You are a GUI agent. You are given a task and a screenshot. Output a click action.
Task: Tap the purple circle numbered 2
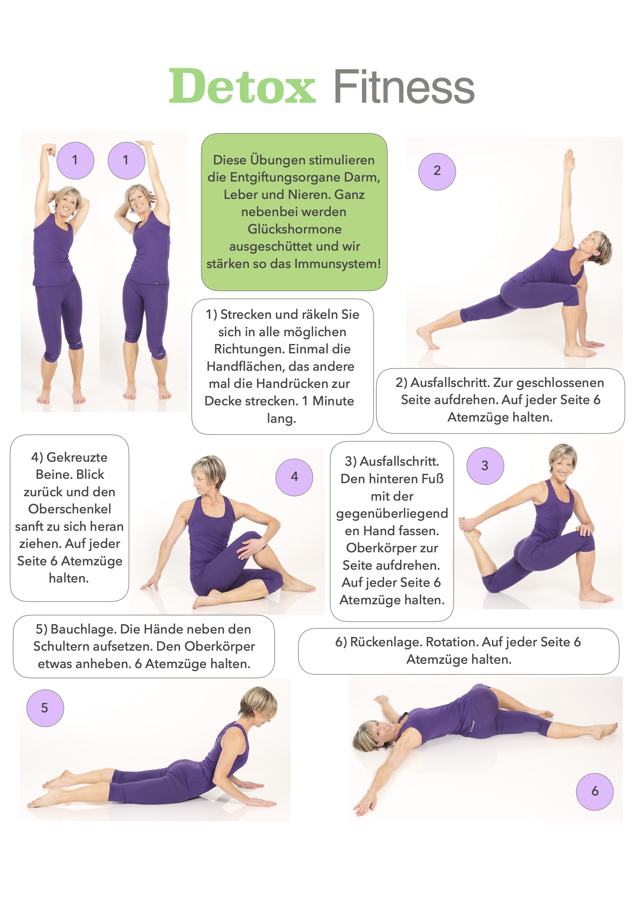(x=437, y=172)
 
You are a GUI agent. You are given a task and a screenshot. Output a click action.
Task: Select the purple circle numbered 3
(x=485, y=466)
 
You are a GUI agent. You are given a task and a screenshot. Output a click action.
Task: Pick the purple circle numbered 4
(x=294, y=477)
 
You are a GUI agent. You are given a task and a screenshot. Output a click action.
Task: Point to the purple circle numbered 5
(x=45, y=708)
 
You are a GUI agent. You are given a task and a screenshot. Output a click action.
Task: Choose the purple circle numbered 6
(x=595, y=791)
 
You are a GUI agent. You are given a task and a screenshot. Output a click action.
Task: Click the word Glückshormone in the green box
(x=295, y=229)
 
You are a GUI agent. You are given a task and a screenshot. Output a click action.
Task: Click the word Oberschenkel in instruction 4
(x=70, y=509)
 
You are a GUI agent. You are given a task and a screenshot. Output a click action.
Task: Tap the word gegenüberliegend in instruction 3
(x=392, y=514)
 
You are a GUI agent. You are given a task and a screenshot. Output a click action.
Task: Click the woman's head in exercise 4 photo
(x=208, y=474)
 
